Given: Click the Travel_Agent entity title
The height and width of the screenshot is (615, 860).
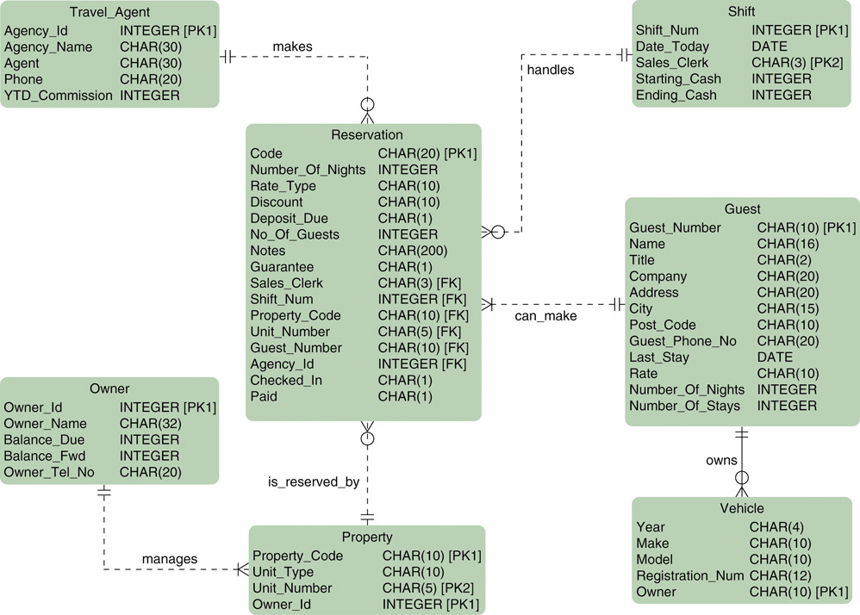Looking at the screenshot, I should [109, 12].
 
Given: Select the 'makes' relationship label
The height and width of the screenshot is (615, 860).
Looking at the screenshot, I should [292, 46].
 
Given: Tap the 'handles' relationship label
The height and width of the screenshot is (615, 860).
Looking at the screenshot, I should [550, 70].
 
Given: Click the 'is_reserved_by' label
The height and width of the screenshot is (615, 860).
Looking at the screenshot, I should [314, 481].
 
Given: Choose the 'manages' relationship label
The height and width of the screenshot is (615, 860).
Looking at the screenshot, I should [170, 559].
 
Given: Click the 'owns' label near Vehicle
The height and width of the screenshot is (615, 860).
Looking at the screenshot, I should [721, 460].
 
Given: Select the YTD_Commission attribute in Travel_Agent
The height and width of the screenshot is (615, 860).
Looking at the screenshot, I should [59, 96].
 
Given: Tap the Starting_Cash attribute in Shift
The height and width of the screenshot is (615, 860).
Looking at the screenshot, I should [678, 79].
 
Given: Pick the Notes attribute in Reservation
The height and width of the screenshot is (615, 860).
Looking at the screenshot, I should [267, 251].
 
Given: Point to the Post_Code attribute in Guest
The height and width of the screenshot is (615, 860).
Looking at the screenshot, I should [662, 325].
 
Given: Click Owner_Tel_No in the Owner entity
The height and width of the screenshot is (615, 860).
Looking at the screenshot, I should [49, 472].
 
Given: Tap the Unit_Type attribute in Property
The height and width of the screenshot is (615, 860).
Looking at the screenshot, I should [283, 572].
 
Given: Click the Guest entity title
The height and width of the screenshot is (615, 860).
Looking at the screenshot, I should [742, 209].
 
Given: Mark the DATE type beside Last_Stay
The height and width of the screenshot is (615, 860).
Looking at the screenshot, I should [775, 357].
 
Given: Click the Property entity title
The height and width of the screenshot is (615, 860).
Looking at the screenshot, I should [367, 537].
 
